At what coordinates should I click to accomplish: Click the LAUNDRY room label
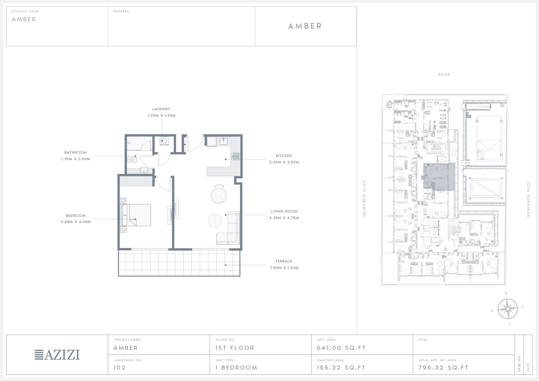(161, 109)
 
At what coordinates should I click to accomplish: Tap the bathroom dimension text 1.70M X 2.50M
(75, 159)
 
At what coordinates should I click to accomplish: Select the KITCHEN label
(284, 155)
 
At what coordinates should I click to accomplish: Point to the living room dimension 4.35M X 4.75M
(284, 218)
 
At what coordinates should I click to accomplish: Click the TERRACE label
(284, 261)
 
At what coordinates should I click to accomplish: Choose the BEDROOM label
(75, 216)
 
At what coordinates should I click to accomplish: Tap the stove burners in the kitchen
(236, 156)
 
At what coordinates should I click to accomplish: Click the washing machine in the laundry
(164, 141)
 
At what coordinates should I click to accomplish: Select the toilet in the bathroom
(132, 159)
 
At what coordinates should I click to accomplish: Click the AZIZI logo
(57, 355)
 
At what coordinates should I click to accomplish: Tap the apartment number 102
(120, 367)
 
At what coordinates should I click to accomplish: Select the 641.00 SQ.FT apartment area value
(341, 348)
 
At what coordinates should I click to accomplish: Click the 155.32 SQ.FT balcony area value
(341, 367)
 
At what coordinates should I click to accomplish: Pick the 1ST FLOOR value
(235, 348)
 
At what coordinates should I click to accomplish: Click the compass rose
(507, 308)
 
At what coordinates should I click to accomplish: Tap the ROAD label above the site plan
(444, 75)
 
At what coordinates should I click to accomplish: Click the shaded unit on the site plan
(439, 177)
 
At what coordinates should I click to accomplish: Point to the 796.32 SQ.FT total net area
(443, 367)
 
